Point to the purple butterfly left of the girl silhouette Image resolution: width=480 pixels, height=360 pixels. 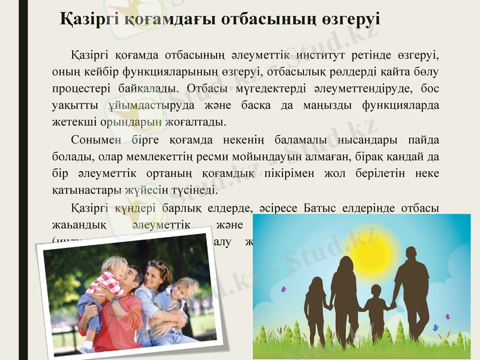click(283, 289)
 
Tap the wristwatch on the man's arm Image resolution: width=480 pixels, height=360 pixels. click(113, 300)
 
